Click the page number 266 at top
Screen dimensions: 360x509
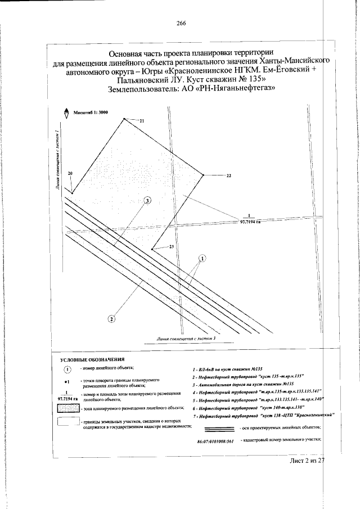(x=181, y=23)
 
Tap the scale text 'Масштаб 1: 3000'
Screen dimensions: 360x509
(x=90, y=113)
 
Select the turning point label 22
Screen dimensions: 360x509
(x=229, y=176)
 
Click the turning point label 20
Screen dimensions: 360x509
(x=70, y=174)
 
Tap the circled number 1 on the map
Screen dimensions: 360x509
(x=202, y=258)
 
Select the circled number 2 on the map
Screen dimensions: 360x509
(x=111, y=319)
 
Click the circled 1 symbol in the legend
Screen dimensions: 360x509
(x=67, y=370)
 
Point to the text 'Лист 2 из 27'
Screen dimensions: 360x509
(x=304, y=461)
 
